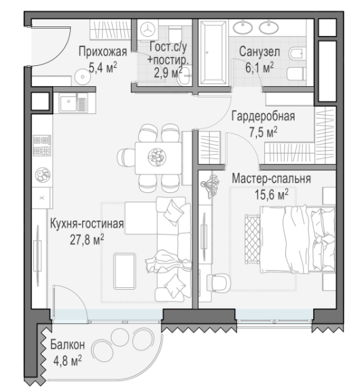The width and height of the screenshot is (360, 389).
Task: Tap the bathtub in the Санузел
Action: tap(213, 52)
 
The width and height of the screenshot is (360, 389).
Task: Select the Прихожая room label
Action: tap(103, 52)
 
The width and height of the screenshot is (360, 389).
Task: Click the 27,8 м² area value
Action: tap(87, 240)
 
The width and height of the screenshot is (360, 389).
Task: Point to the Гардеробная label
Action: tap(263, 116)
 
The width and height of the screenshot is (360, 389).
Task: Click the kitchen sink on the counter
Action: tap(73, 103)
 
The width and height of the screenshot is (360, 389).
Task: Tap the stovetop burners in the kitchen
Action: tap(42, 146)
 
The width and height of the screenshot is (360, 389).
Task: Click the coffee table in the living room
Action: tap(124, 271)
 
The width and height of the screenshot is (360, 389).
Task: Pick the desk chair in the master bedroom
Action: tap(220, 282)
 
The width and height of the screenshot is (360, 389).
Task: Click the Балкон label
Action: tap(67, 345)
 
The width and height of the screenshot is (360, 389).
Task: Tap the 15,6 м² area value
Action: tap(272, 194)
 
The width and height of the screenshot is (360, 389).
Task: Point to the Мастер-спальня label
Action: tap(272, 179)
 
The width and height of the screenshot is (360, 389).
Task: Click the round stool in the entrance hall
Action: tap(82, 76)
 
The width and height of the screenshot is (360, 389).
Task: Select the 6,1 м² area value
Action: tap(259, 67)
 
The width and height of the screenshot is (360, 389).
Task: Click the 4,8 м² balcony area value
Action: tap(67, 360)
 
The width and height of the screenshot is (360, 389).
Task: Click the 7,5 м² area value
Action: tap(263, 132)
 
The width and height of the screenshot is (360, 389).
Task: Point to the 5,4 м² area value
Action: tap(103, 67)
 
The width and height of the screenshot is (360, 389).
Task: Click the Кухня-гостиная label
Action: tap(87, 224)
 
